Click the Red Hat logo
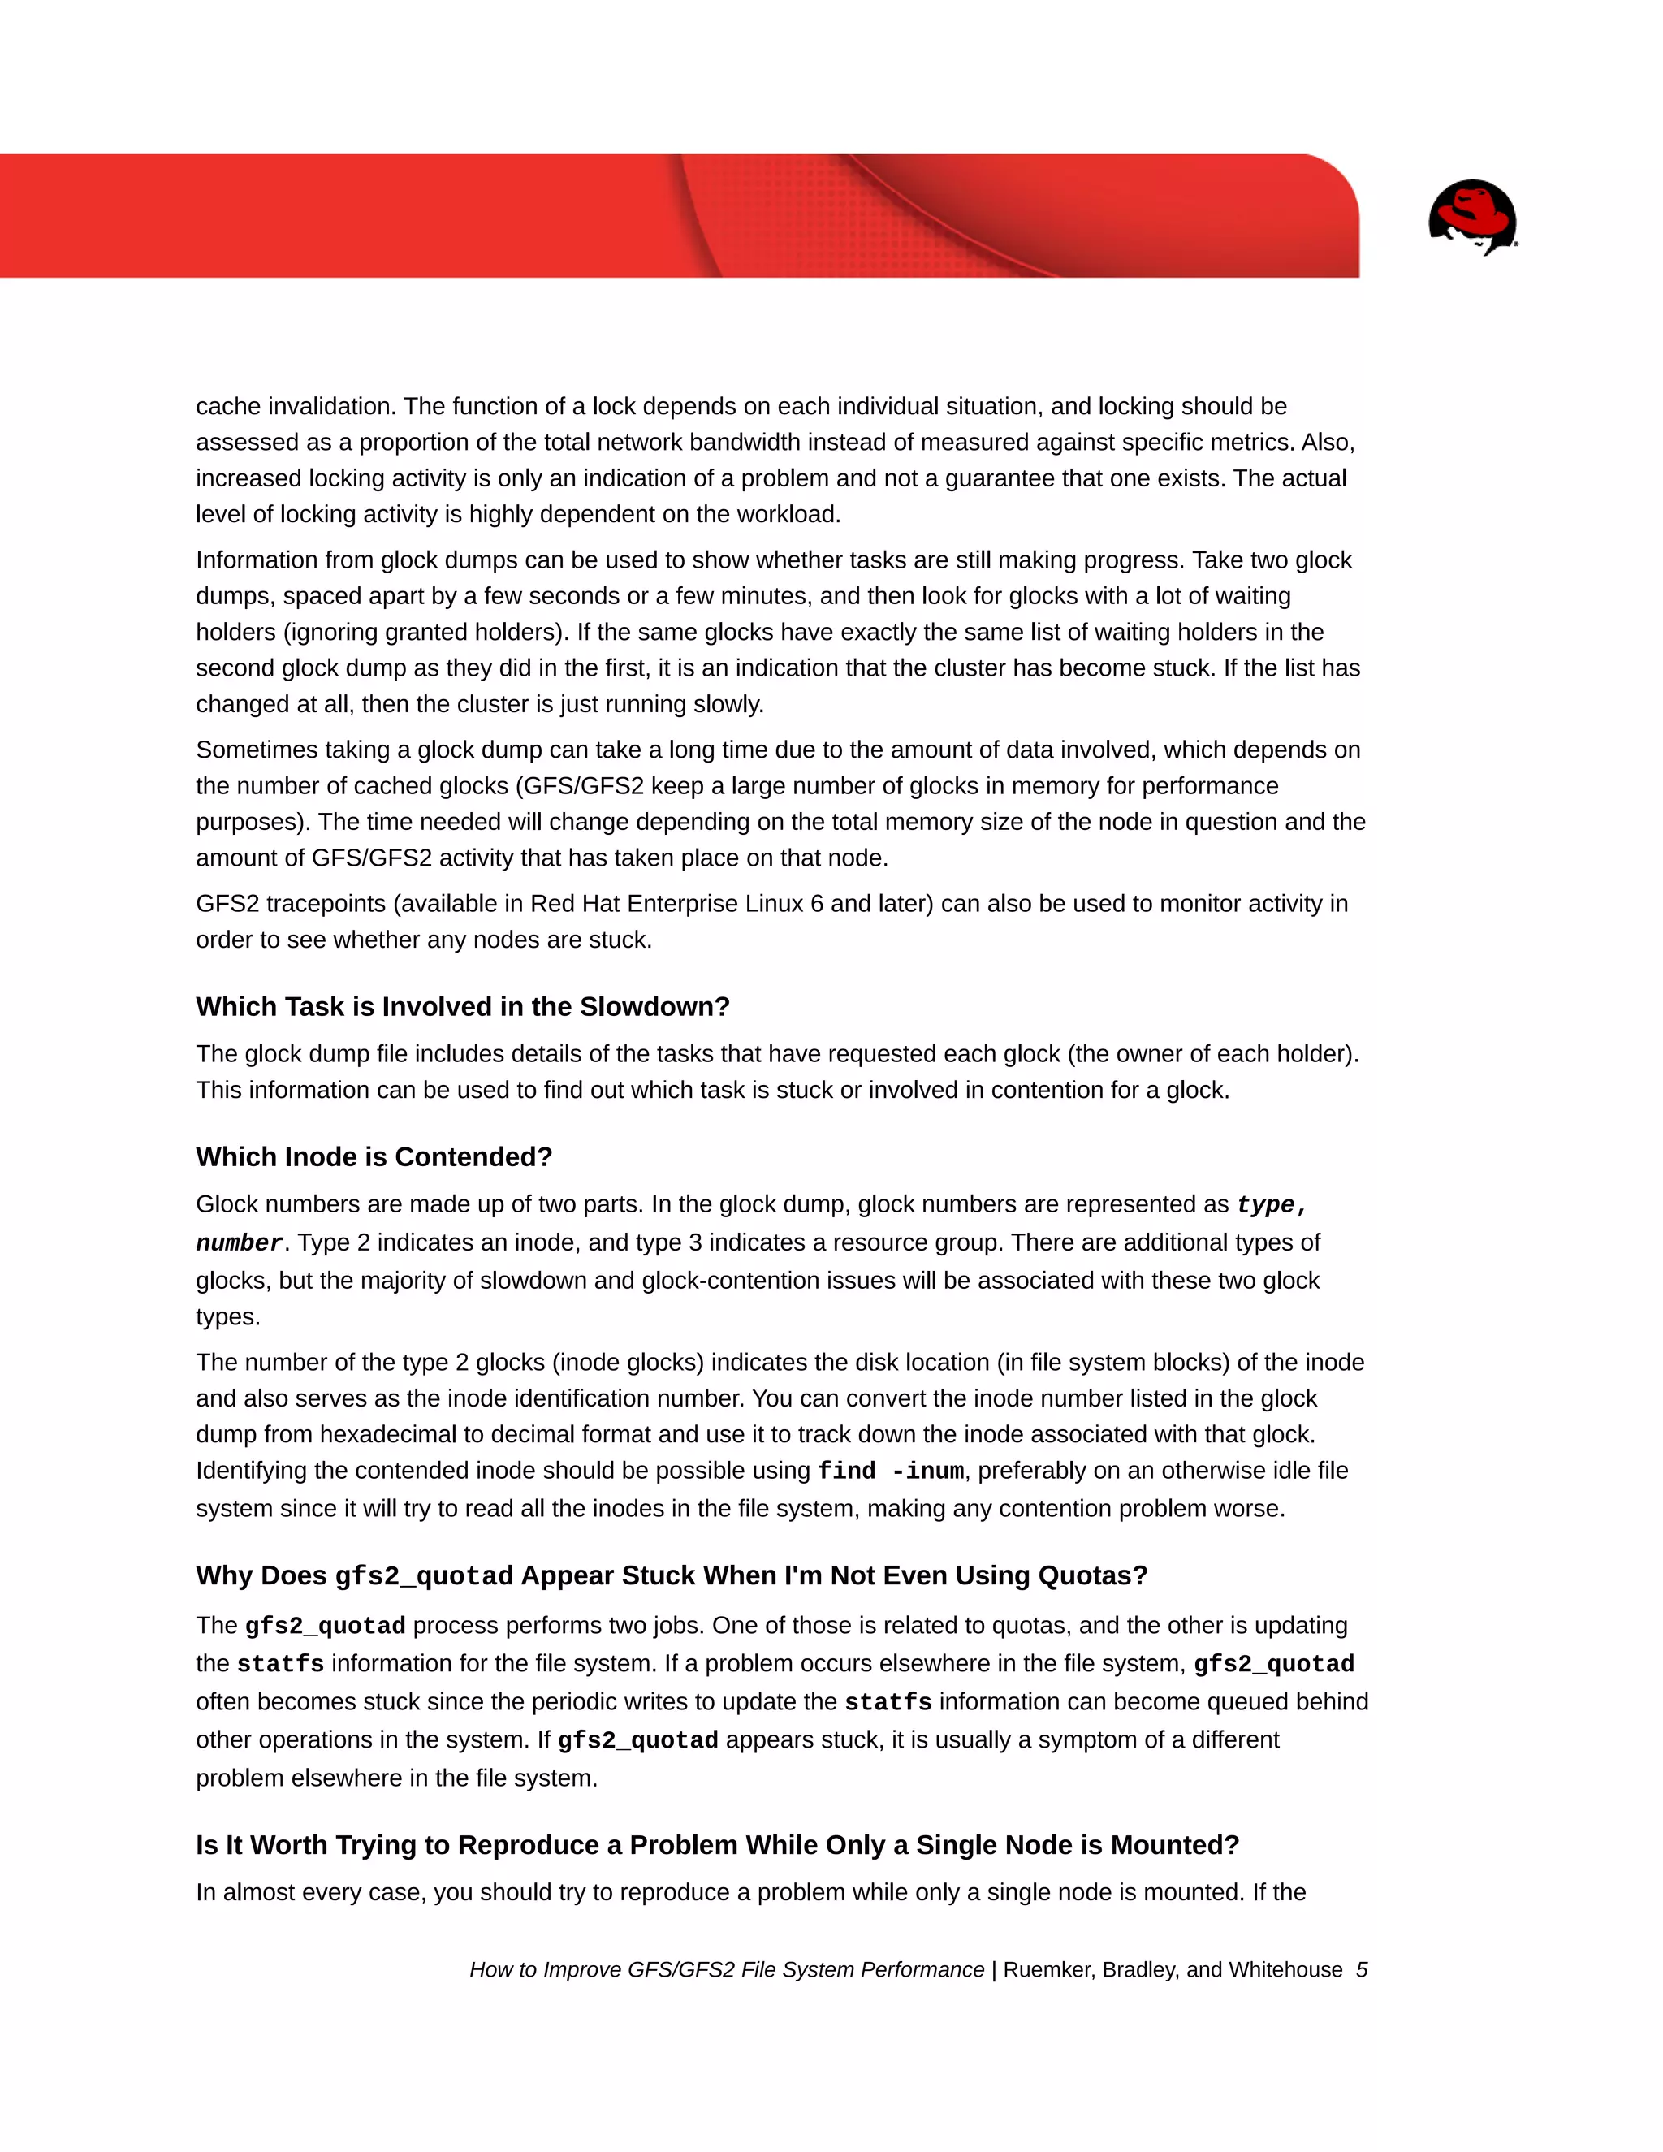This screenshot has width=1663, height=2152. [x=1472, y=217]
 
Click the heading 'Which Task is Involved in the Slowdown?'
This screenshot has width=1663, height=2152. [x=462, y=1006]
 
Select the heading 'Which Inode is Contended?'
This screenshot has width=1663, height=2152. [x=374, y=1156]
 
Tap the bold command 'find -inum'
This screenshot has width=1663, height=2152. [x=891, y=1471]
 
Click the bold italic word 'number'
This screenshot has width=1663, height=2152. [x=240, y=1242]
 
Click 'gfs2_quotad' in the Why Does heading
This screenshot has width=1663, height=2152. [x=424, y=1575]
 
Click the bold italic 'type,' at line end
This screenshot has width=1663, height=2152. [x=1272, y=1204]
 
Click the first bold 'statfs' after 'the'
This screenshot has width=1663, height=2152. [x=280, y=1664]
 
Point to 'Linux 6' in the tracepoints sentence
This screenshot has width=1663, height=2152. [x=787, y=904]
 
